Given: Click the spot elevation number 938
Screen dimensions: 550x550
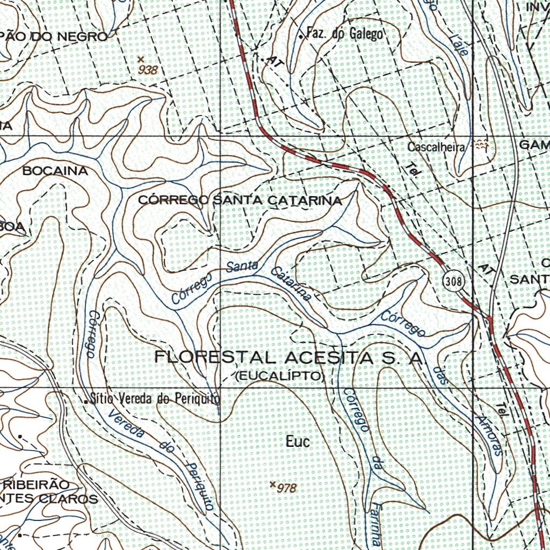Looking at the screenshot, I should [x=148, y=70].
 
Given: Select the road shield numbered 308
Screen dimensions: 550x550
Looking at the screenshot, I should [x=453, y=280].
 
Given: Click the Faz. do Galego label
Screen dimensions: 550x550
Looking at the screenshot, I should [x=344, y=34].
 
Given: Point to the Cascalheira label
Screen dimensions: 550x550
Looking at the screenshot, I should [x=435, y=147].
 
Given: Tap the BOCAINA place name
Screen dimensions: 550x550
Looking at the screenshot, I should [x=55, y=171].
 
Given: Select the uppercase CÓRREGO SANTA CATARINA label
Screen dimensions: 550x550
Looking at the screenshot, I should [x=240, y=200].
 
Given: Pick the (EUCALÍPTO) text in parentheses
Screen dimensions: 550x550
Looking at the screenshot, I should [x=280, y=376].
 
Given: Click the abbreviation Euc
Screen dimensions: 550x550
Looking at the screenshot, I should [x=298, y=442].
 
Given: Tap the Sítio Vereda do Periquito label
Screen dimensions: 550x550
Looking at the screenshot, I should [x=155, y=399].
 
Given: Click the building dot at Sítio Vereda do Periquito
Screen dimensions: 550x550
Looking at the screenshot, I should [x=86, y=401].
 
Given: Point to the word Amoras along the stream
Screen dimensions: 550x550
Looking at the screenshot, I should [x=489, y=435].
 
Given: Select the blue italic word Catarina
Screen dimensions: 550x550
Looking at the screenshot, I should [x=291, y=283].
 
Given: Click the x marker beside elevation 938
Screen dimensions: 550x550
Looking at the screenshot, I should [x=141, y=59].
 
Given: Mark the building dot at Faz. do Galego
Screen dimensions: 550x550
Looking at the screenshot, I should [x=301, y=36].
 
